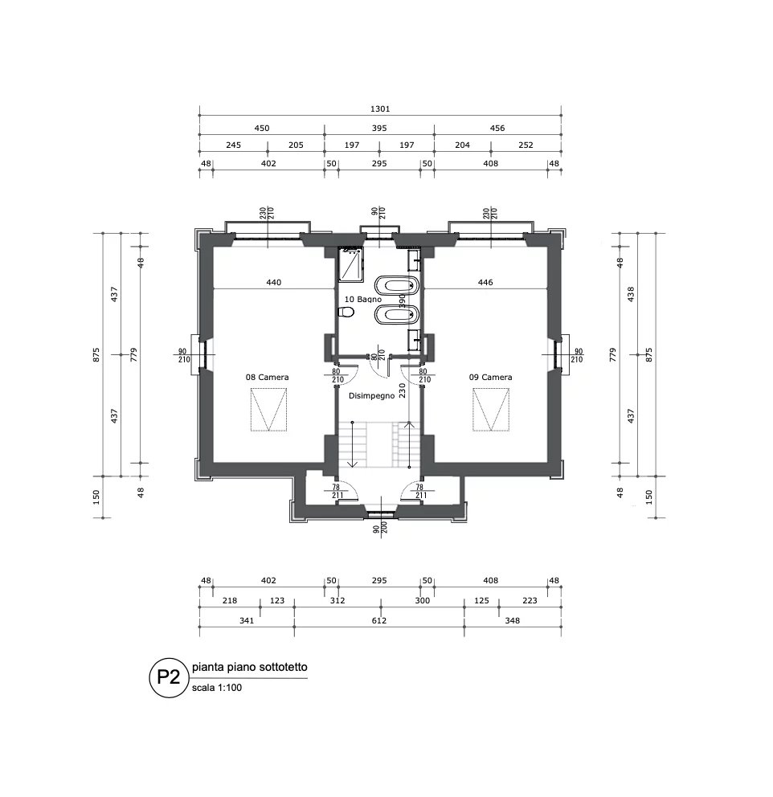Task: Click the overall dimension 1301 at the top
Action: point(379,109)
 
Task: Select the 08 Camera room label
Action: point(268,377)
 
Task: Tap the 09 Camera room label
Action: point(491,377)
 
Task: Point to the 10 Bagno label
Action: point(362,299)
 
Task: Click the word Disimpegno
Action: point(371,395)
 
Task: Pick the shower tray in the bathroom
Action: point(350,264)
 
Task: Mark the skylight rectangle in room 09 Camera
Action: point(491,409)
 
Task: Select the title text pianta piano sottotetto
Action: point(249,668)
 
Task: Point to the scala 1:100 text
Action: point(217,688)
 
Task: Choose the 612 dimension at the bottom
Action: point(379,620)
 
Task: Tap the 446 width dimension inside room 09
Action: point(485,283)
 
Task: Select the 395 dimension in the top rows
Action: point(379,128)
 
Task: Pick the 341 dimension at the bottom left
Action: point(247,620)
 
